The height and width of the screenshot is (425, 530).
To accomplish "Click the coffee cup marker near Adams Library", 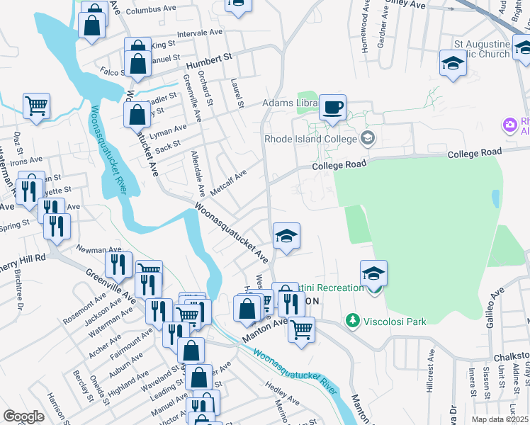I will [x=332, y=108].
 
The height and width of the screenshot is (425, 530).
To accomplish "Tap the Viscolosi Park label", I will [x=395, y=322].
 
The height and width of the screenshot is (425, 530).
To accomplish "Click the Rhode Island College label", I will [x=310, y=138].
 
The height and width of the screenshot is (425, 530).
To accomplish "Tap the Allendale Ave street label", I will [x=198, y=174].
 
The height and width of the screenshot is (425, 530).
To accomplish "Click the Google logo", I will [x=23, y=416].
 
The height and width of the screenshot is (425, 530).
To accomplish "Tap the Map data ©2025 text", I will [x=499, y=419].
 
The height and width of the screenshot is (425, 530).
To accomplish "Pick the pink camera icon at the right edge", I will [x=509, y=125].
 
